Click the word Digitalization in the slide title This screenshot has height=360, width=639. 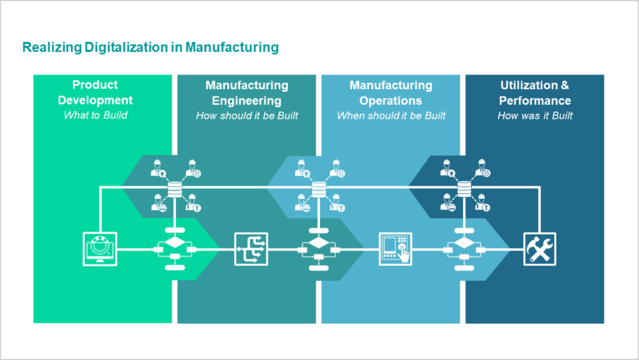tap(127, 47)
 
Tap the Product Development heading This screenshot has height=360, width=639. tap(95, 92)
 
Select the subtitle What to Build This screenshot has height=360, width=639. tap(95, 115)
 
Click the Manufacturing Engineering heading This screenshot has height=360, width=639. tap(247, 93)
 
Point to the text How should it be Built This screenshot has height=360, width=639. tap(247, 115)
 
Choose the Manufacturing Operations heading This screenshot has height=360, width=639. tap(391, 93)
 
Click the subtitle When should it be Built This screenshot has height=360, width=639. tap(391, 115)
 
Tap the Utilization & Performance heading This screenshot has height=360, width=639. tap(535, 93)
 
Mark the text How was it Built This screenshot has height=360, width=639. tap(535, 115)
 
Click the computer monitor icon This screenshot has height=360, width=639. tap(100, 249)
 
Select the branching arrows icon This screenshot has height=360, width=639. tap(251, 249)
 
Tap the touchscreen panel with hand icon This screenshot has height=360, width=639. tap(395, 249)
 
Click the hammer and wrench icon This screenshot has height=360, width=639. tap(540, 249)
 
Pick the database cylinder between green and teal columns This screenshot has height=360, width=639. tap(175, 190)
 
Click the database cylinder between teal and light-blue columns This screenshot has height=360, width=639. tap(319, 190)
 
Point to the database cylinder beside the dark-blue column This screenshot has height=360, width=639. tap(464, 190)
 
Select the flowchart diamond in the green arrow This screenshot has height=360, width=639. tap(175, 242)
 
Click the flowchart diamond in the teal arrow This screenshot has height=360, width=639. tap(319, 243)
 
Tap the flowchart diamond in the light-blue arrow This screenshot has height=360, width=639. tap(464, 243)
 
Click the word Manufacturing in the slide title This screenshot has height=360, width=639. tap(232, 47)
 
